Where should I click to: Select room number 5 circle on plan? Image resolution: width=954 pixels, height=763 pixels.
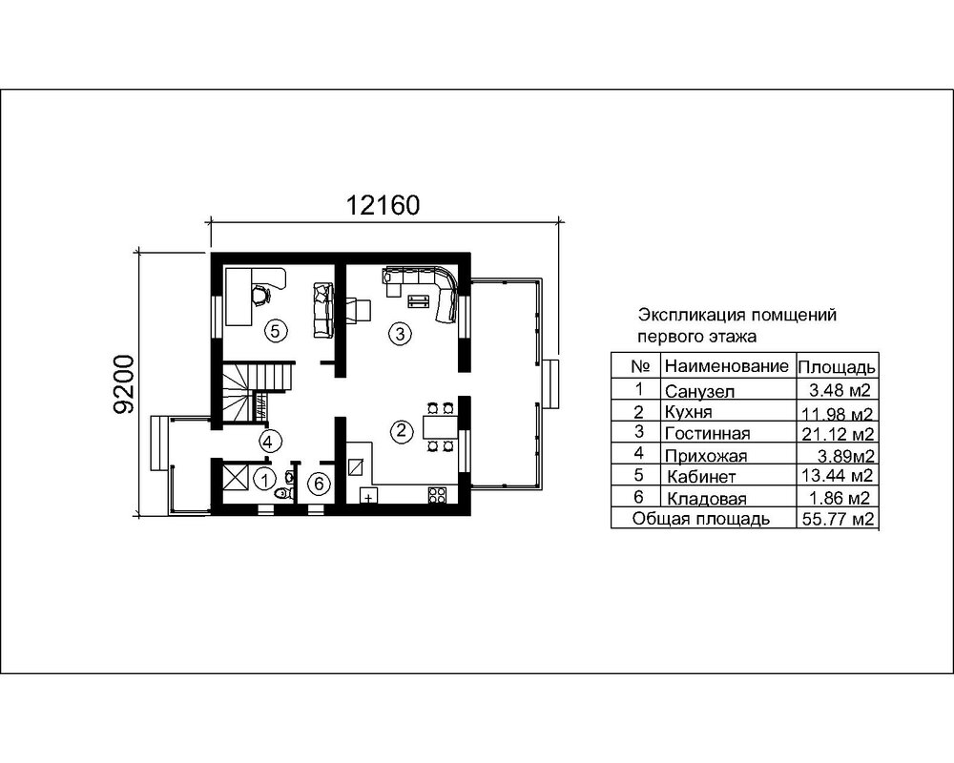click(x=274, y=331)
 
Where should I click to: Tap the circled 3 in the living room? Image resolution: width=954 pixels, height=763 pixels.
click(x=400, y=333)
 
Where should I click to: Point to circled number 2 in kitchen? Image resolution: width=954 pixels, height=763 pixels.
click(x=402, y=431)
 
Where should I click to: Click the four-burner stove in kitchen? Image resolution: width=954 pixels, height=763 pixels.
click(x=439, y=495)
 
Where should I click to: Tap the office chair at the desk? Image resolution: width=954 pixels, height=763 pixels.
click(x=259, y=295)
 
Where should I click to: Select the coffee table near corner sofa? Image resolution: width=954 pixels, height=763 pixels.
click(x=418, y=301)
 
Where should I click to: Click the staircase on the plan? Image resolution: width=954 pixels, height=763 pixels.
click(x=251, y=392)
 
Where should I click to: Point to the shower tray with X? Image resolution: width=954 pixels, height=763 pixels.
click(x=236, y=477)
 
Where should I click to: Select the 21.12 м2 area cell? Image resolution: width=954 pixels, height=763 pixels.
click(x=838, y=434)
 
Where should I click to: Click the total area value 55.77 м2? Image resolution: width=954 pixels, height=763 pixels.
click(x=838, y=519)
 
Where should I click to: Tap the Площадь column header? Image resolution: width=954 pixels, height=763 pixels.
click(x=836, y=367)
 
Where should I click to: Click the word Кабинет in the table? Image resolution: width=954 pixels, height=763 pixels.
click(x=701, y=476)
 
